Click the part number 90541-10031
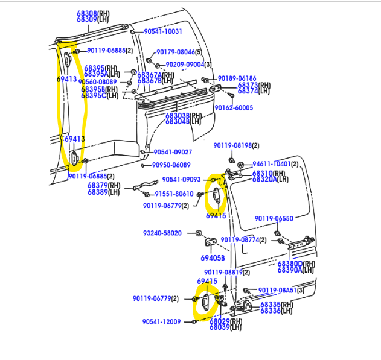click(x=162, y=31)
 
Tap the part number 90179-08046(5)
click(x=179, y=52)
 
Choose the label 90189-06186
click(x=237, y=78)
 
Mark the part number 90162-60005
click(x=234, y=108)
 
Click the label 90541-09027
click(x=173, y=152)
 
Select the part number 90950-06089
click(x=171, y=165)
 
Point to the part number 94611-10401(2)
click(x=275, y=164)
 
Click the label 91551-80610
click(x=174, y=194)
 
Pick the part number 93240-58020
click(x=163, y=233)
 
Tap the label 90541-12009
click(x=162, y=321)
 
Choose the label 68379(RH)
click(x=104, y=185)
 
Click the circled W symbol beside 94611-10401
click(x=240, y=165)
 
